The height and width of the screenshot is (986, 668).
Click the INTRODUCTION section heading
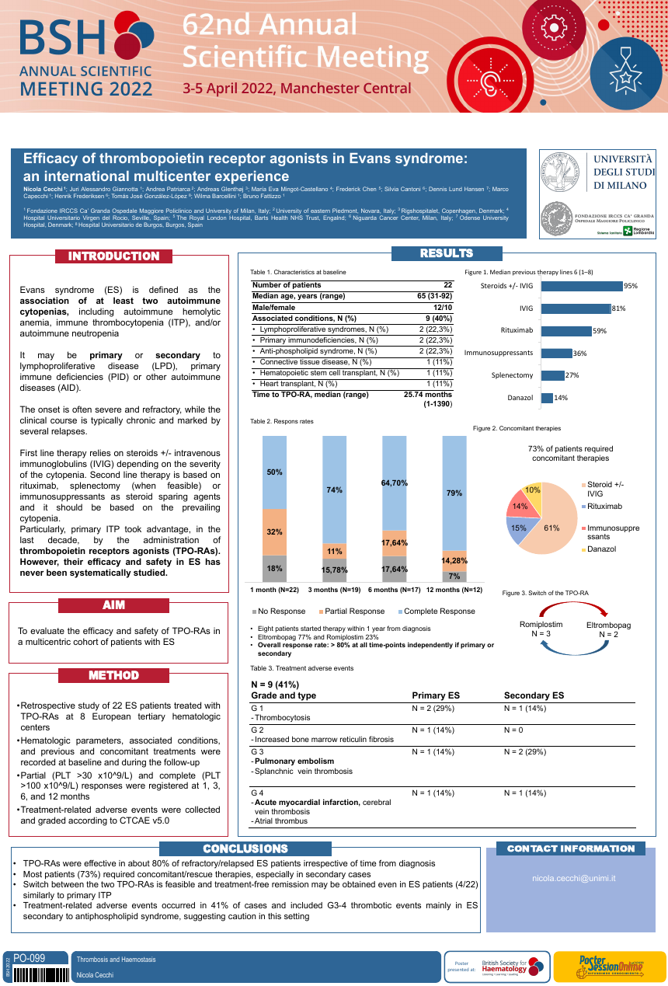pyautogui.click(x=113, y=256)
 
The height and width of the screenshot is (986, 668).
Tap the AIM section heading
pyautogui.click(x=113, y=605)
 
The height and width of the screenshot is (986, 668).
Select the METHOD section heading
pyautogui.click(x=113, y=676)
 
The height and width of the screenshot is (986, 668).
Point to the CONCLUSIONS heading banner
pyautogui.click(x=245, y=849)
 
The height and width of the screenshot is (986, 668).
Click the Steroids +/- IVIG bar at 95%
pyautogui.click(x=582, y=286)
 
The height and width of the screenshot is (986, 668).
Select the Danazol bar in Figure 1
pyautogui.click(x=547, y=398)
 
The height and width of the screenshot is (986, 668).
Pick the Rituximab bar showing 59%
pyautogui.click(x=565, y=331)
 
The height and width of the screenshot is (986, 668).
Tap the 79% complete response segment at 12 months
pyautogui.click(x=454, y=493)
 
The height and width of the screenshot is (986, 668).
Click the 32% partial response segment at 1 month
pyautogui.click(x=275, y=532)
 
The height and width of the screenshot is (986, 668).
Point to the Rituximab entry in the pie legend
pyautogui.click(x=604, y=507)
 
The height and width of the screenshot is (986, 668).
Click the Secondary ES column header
pyautogui.click(x=534, y=695)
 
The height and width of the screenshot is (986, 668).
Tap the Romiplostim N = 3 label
pyautogui.click(x=541, y=629)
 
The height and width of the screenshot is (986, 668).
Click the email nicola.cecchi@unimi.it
pyautogui.click(x=573, y=877)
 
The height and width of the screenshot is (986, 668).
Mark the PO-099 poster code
pyautogui.click(x=30, y=959)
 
